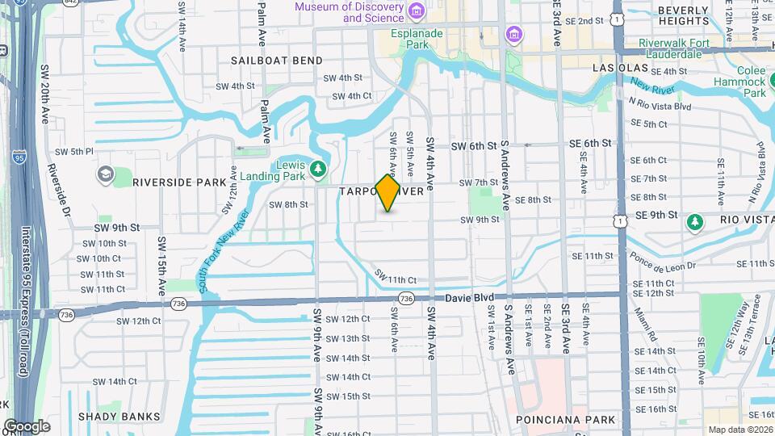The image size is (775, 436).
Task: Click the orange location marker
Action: tap(388, 192)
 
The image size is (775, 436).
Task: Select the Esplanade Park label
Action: tap(417, 39)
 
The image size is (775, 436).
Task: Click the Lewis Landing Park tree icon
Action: tap(319, 168)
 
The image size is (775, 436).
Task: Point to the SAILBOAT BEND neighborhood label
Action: tap(277, 61)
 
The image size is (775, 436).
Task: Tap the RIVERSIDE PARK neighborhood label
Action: tap(180, 182)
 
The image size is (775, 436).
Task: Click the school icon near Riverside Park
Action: tap(106, 174)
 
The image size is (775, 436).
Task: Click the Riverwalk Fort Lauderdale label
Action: tap(670, 48)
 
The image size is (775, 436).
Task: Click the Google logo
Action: tap(26, 426)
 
